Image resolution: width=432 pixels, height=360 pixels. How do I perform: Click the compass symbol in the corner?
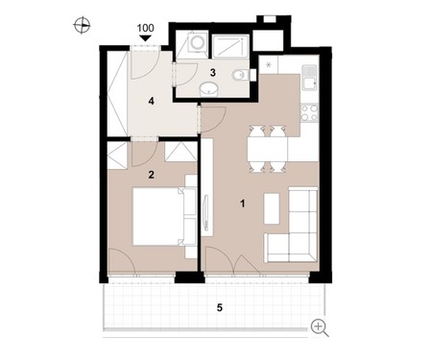pos(82,25)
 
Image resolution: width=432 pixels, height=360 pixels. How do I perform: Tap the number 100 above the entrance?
pos(146,28)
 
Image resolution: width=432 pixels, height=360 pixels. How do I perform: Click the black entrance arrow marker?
pos(146,38)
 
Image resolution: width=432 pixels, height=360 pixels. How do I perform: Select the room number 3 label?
pos(213,73)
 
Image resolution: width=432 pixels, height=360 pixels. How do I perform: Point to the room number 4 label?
pos(151,101)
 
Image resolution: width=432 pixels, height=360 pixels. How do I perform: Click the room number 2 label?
pos(151,175)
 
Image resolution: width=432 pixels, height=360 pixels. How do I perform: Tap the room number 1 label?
pos(243,204)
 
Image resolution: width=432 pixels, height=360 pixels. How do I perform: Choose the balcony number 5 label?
pos(220,308)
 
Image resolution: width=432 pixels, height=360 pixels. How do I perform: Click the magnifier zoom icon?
pos(320,328)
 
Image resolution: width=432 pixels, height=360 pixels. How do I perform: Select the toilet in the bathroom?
pos(241,76)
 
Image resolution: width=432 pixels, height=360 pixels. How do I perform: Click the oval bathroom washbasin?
pos(209,89)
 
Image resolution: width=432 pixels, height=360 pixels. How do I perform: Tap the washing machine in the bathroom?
pos(197,42)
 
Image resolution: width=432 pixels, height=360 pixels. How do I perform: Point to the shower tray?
pos(230,47)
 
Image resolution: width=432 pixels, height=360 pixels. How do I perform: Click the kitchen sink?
pos(309,78)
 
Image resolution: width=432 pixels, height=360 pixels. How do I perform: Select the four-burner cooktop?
pos(309,113)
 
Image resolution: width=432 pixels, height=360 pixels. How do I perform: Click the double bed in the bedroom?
pos(159,217)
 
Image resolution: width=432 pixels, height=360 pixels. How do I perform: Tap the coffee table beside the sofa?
pos(272,208)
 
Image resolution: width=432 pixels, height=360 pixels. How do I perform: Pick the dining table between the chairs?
pos(267,149)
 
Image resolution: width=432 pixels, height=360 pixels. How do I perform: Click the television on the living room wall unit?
pos(206,213)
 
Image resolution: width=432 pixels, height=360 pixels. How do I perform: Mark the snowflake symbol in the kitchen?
pos(269,65)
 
